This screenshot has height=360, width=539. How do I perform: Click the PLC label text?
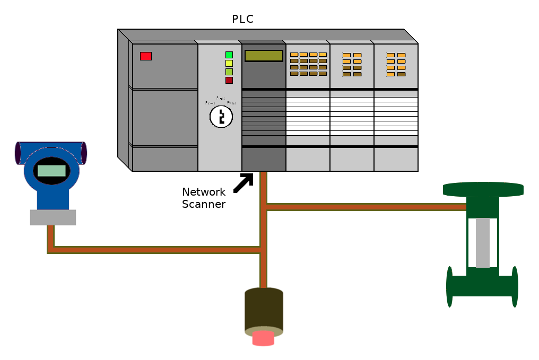click(242, 20)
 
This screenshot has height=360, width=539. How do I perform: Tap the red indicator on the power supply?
click(146, 56)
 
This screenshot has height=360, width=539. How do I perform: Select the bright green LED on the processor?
click(229, 55)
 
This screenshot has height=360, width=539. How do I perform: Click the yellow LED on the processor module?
click(229, 63)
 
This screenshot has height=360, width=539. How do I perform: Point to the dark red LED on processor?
click(229, 80)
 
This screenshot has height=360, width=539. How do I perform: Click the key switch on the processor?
click(221, 117)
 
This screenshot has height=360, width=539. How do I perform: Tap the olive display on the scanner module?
click(264, 56)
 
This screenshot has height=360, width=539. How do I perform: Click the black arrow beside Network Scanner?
click(244, 182)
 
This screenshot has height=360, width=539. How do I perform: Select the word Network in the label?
click(204, 192)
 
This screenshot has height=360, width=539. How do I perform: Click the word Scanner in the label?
click(204, 204)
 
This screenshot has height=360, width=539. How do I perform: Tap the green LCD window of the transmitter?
click(51, 171)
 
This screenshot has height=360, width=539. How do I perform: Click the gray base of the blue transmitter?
click(53, 217)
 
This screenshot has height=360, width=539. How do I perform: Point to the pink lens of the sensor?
click(263, 338)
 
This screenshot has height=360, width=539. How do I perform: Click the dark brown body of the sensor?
click(264, 310)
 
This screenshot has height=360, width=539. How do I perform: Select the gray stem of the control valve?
click(482, 242)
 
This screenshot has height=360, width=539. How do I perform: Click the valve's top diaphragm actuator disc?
click(483, 189)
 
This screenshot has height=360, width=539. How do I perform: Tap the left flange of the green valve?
click(450, 287)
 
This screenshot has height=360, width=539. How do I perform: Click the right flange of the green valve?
click(514, 287)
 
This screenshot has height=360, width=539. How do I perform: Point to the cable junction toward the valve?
click(264, 207)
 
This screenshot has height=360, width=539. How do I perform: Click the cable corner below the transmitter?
click(51, 250)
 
